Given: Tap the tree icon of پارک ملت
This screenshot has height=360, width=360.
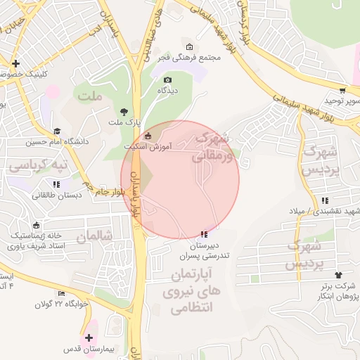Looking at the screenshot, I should click(x=124, y=111).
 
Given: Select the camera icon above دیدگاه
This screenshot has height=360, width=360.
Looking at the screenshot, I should click(x=167, y=80).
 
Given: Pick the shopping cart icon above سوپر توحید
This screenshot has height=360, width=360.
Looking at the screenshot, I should click(x=342, y=90).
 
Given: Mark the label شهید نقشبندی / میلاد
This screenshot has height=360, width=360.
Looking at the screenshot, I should click(x=319, y=211).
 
